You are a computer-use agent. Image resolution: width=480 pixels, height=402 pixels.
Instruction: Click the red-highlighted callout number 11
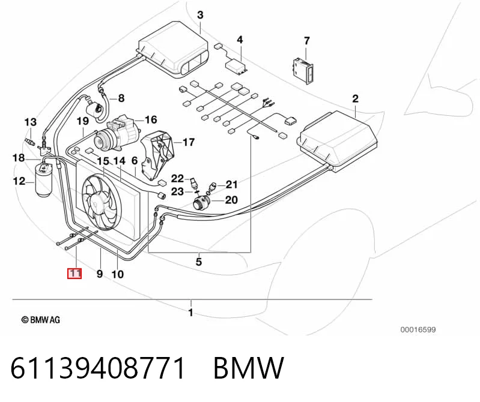74,273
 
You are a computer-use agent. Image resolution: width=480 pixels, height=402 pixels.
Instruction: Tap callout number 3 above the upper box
200,15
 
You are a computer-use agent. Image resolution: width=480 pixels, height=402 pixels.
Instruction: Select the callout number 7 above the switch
307,41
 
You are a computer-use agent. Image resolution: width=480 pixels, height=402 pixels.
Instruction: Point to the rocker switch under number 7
303,71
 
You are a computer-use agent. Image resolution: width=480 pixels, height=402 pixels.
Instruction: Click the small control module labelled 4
237,65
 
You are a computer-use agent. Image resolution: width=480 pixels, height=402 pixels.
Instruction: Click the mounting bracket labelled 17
156,154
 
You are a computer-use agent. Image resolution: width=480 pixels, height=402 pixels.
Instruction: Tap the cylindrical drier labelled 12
44,181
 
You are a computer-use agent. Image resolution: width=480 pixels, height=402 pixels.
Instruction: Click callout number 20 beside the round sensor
231,200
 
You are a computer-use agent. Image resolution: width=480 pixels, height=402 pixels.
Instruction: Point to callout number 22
177,179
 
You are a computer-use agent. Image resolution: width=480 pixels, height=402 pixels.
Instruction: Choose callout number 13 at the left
30,122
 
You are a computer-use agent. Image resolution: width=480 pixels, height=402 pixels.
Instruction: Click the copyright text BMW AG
40,320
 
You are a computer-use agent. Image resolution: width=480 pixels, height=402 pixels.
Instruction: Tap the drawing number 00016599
418,329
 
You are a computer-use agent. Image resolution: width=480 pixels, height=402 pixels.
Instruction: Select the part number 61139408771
98,368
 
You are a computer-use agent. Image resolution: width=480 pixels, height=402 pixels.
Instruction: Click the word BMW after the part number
249,368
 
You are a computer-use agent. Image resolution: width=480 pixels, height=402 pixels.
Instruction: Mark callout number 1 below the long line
190,313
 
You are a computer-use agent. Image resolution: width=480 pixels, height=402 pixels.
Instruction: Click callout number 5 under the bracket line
199,262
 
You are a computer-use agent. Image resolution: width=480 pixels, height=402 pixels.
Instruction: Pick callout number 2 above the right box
355,99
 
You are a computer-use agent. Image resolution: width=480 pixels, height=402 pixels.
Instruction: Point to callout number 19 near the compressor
83,121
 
